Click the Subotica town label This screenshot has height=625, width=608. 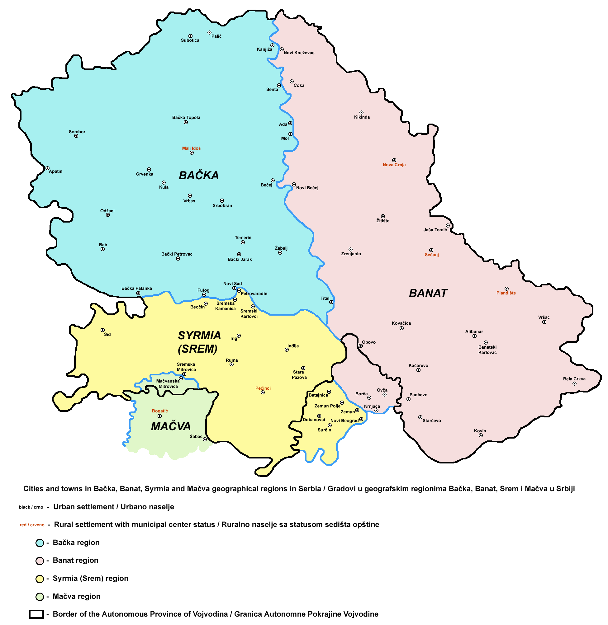190,40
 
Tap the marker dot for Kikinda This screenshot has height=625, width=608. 362,113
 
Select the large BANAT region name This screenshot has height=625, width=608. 428,294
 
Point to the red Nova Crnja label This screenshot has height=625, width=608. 394,165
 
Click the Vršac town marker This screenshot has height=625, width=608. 544,322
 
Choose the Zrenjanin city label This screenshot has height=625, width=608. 351,254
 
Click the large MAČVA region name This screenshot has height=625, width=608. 171,426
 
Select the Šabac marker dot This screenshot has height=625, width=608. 205,439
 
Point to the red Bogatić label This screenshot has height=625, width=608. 160,411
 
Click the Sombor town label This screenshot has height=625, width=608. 77,132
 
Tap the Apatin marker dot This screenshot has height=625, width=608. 47,168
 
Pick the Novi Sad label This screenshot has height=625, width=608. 232,284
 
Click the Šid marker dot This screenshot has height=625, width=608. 102,330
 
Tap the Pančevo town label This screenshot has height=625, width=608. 419,395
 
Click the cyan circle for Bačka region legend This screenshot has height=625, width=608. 40,543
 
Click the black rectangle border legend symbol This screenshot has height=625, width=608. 36,615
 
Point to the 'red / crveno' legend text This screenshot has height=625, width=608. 32,525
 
